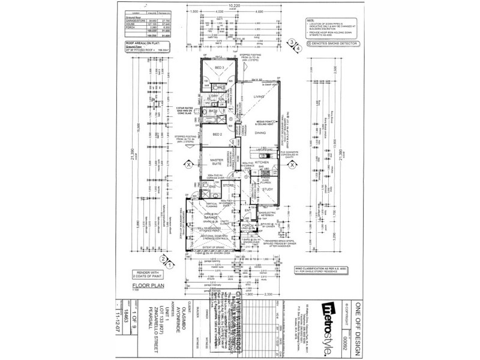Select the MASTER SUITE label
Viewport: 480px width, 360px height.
[216, 161]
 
